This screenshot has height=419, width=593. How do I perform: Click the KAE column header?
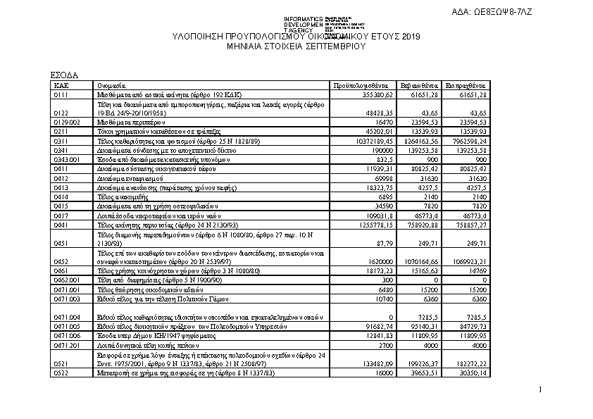click(x=60, y=84)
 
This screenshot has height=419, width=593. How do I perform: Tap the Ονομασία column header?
click(x=112, y=84)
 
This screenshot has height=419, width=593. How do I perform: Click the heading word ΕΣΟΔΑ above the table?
click(x=64, y=75)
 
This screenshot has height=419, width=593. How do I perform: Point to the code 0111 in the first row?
click(x=61, y=93)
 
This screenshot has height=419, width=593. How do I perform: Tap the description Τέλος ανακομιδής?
click(x=123, y=197)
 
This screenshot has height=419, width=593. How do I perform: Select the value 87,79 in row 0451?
click(x=389, y=243)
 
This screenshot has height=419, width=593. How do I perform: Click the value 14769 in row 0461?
click(x=477, y=270)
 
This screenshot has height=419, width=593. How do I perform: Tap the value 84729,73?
click(x=469, y=327)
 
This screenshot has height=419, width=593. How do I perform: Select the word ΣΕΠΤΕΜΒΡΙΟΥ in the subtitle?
click(x=334, y=45)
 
